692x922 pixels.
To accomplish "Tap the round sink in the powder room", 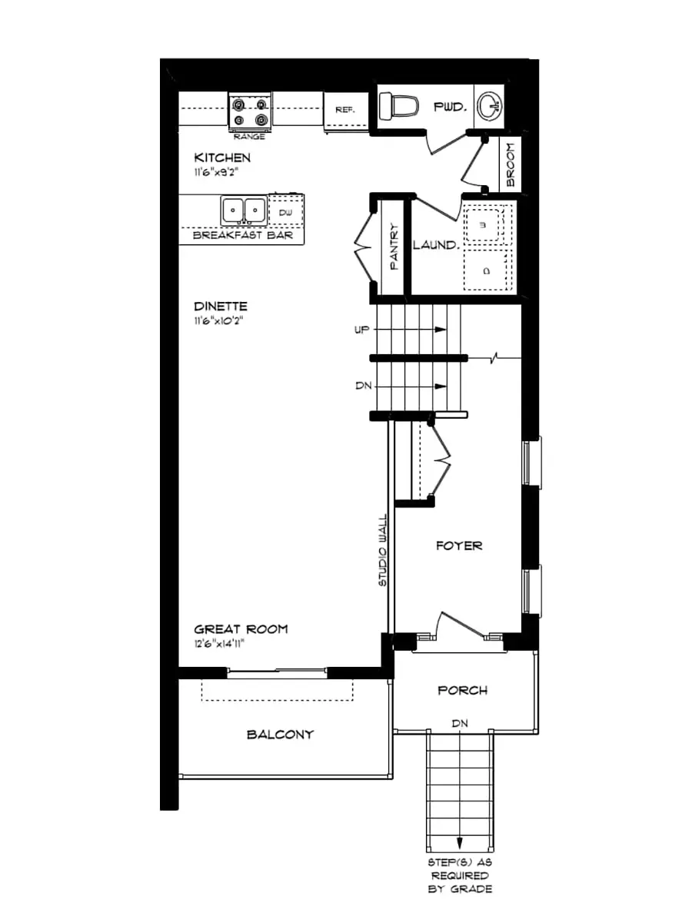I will pos(487,107).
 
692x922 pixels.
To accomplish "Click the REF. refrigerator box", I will pos(344,110).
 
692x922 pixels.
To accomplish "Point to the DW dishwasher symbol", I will pos(284,211).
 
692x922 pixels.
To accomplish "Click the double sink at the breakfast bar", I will pos(244,210).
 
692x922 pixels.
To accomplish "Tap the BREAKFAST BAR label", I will pos(242,235).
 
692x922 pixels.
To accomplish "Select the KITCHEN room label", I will pos(222,158).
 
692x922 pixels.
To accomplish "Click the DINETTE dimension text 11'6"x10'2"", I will pos(220,320).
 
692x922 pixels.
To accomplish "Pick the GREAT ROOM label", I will pos(241,628).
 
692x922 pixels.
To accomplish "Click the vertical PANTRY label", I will pos(393,246).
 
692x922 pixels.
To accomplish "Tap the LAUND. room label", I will pos(436,246).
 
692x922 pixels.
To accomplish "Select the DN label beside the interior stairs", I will pos(364,386).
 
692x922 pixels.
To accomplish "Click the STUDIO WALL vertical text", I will pos(382,552).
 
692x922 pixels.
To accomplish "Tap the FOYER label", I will pos(459,546).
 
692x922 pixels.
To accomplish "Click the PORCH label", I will pos(462,690).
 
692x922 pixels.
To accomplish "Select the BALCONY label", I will pos(280,734).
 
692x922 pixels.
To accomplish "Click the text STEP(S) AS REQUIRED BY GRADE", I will pos(460,876).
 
